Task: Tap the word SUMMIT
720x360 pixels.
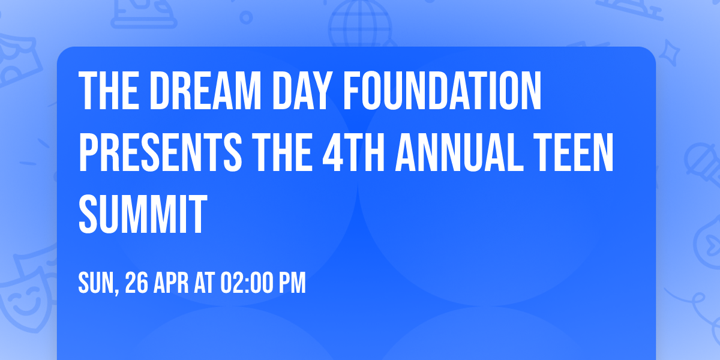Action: coord(143,214)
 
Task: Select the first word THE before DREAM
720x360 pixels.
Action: coord(107,91)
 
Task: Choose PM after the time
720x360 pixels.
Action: coord(292,283)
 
